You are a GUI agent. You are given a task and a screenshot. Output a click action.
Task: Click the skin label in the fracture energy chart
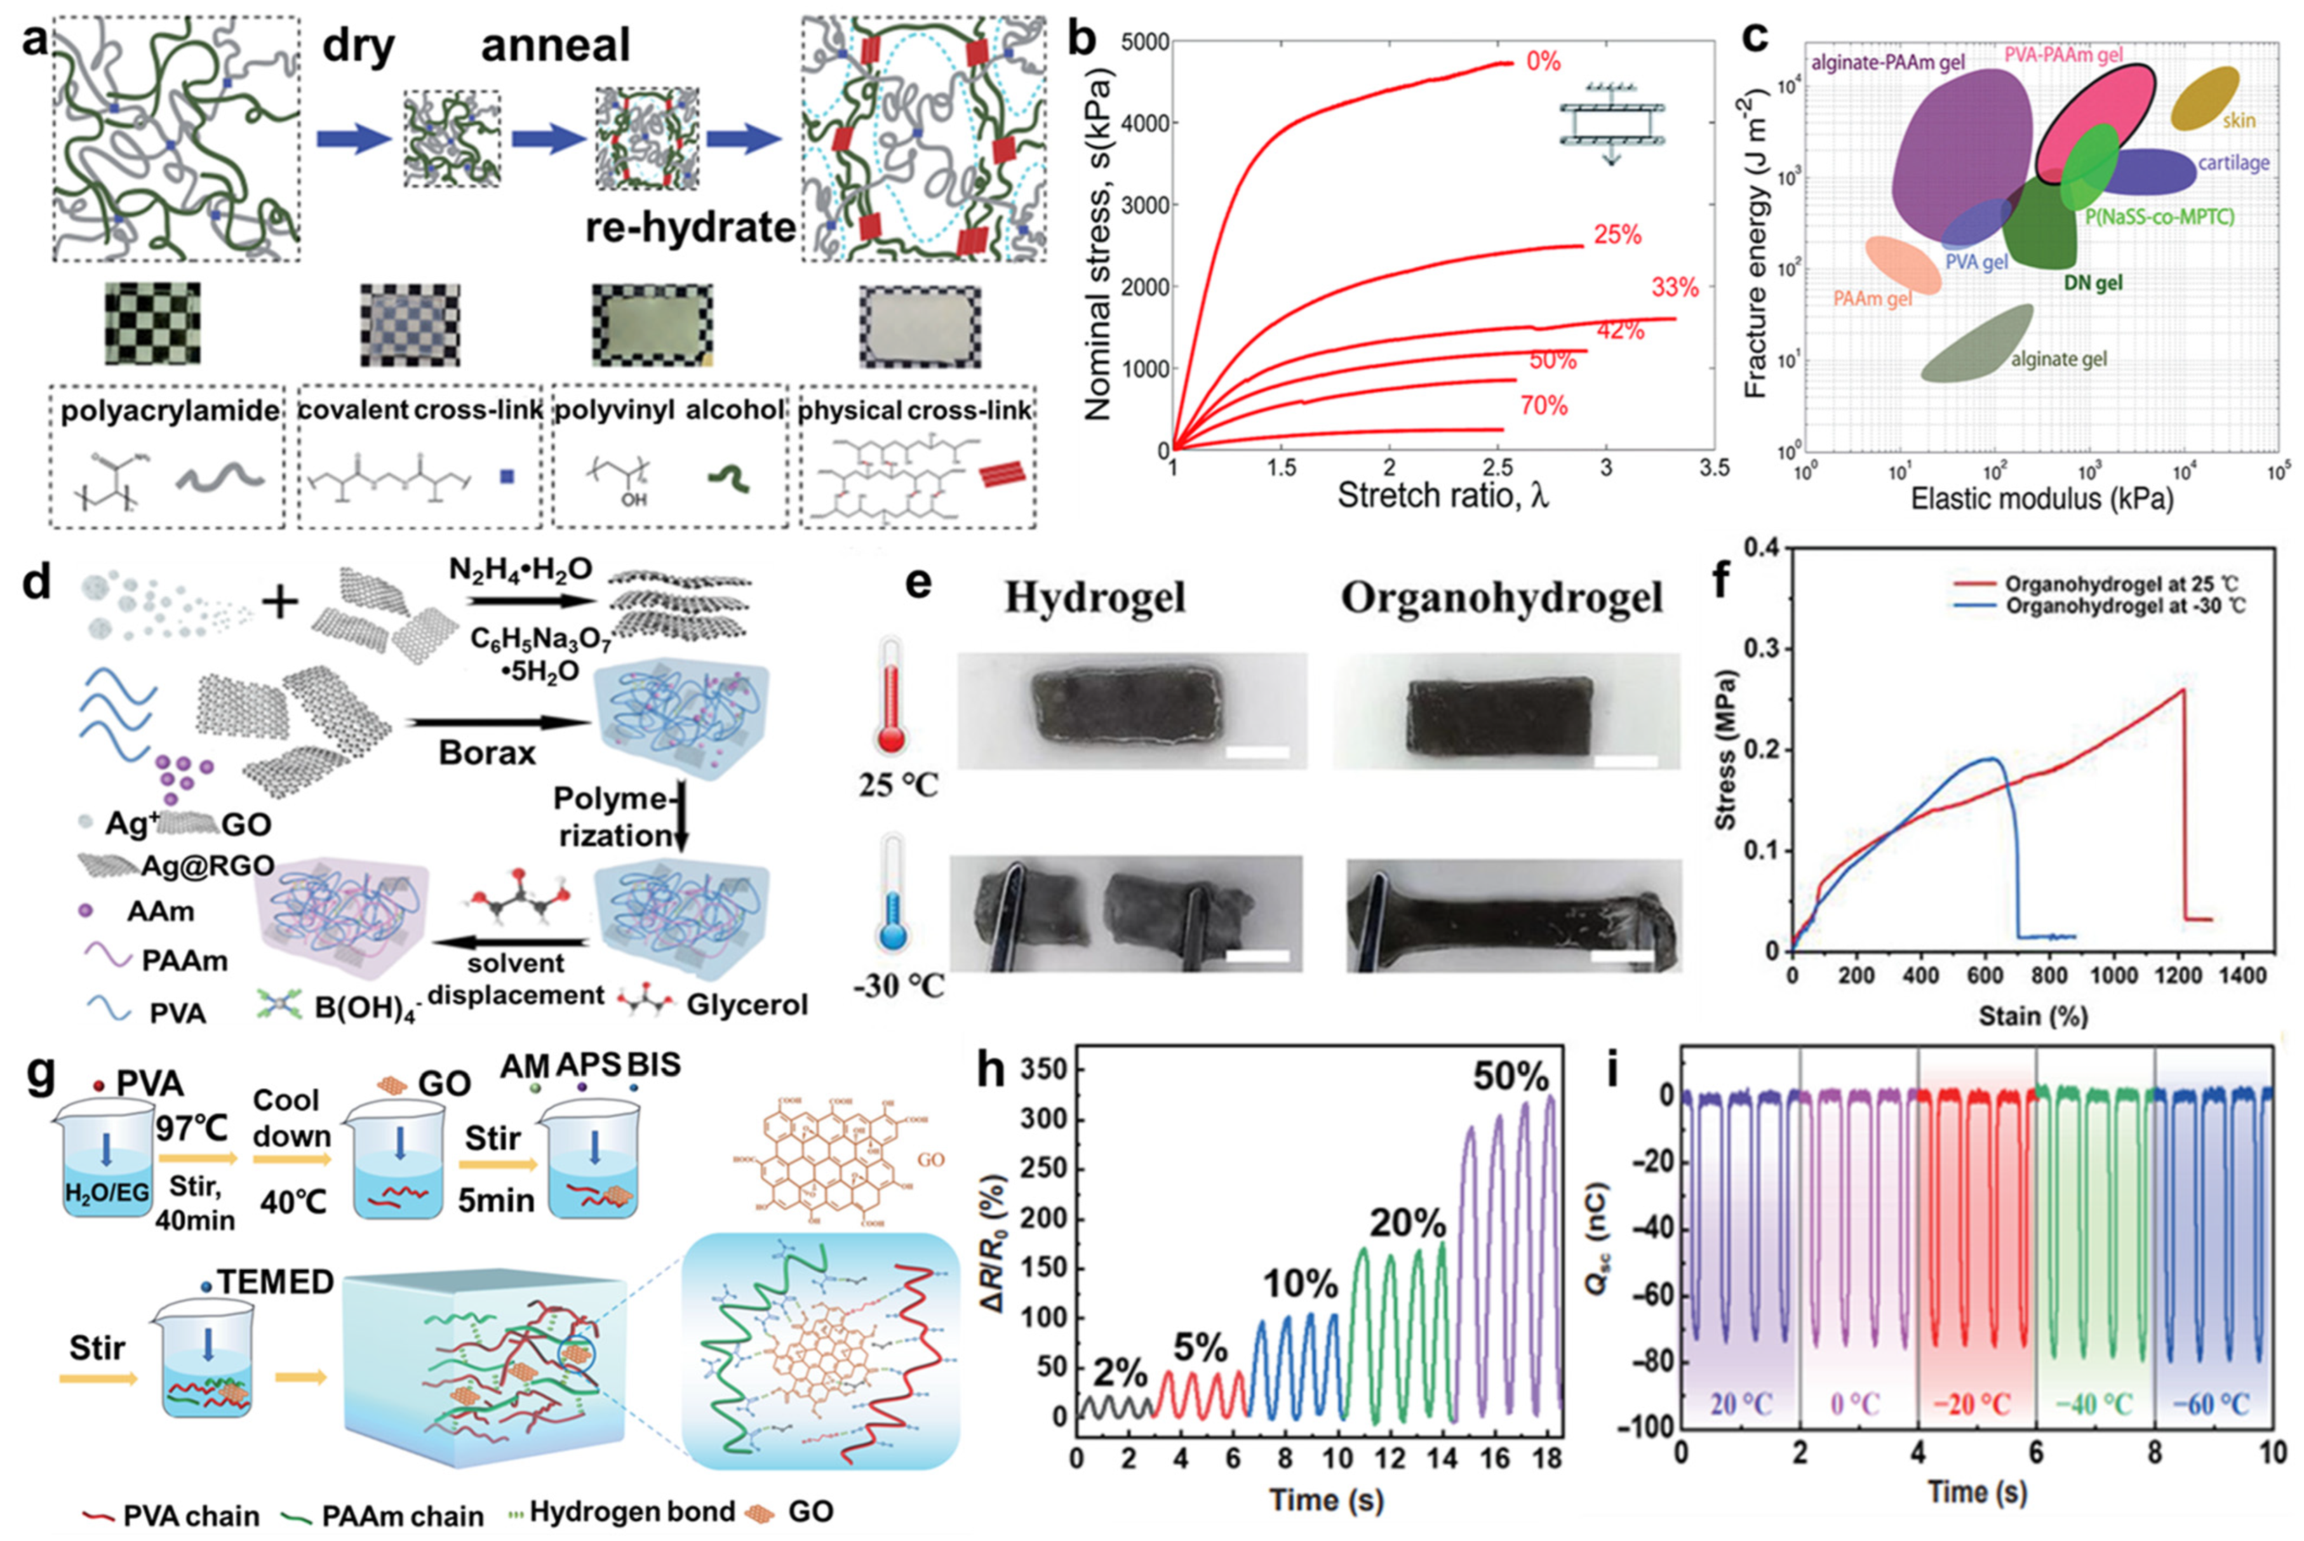point(2238,121)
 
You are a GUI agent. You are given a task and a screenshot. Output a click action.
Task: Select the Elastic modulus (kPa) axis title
point(2040,499)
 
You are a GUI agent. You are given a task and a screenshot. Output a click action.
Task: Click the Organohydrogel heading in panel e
point(1501,597)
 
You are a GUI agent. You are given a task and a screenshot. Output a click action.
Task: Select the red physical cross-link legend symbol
point(1003,475)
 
